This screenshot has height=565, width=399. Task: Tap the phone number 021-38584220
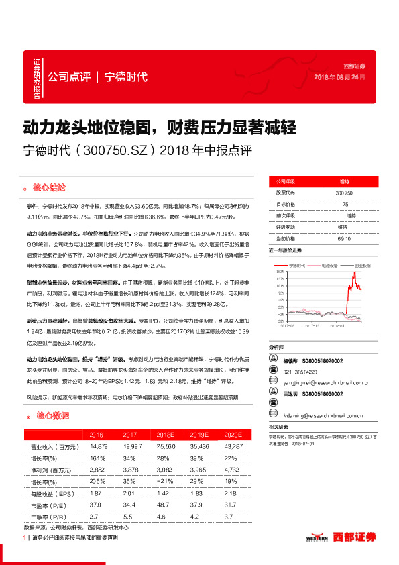[301, 371]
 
